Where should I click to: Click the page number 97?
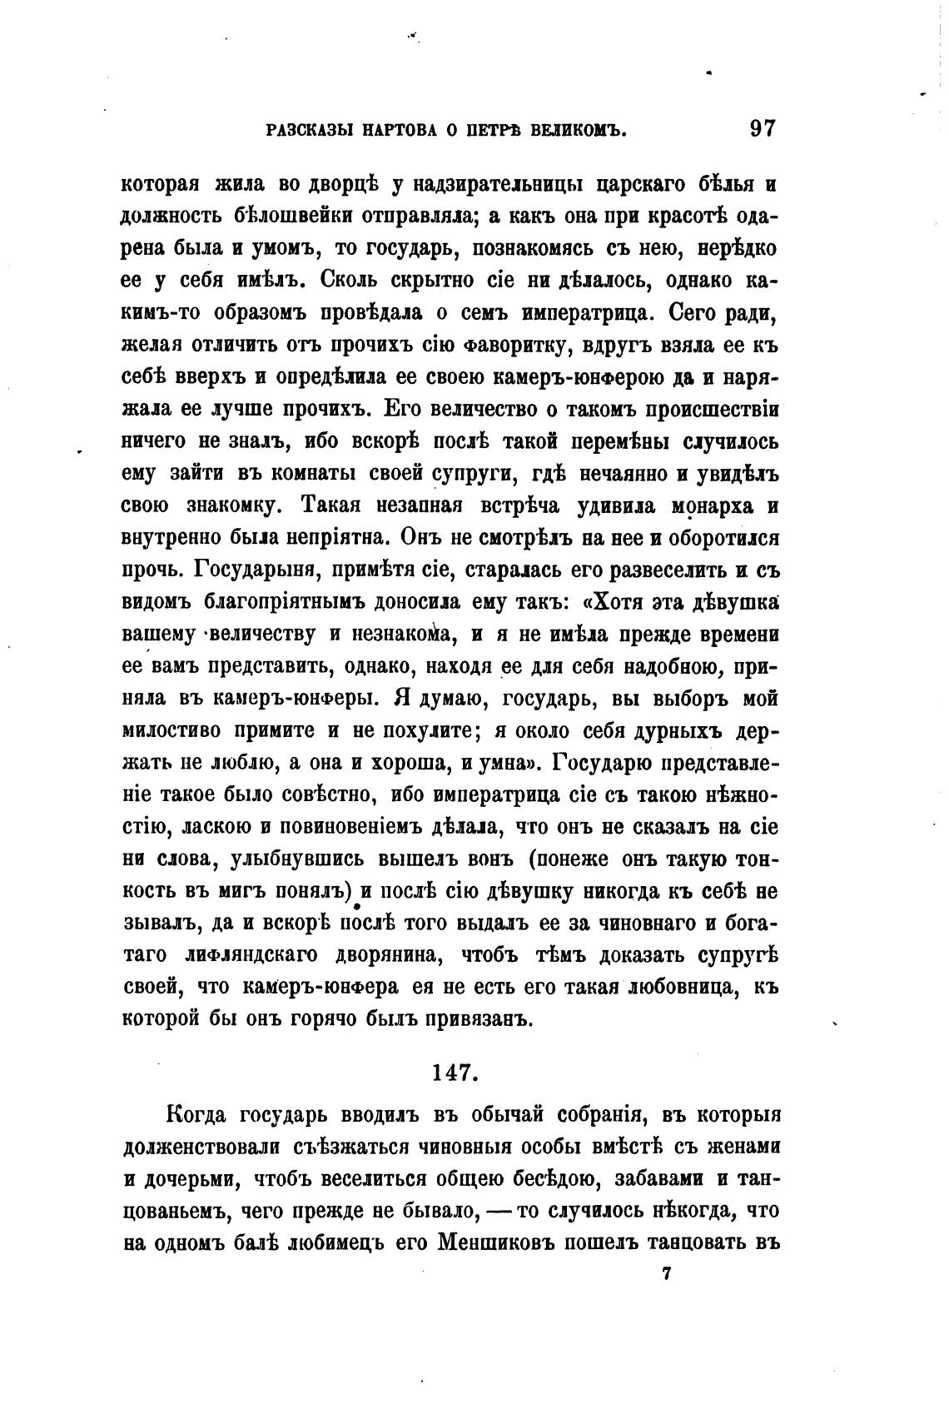763,129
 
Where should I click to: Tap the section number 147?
455,1072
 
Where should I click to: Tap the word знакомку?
236,507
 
